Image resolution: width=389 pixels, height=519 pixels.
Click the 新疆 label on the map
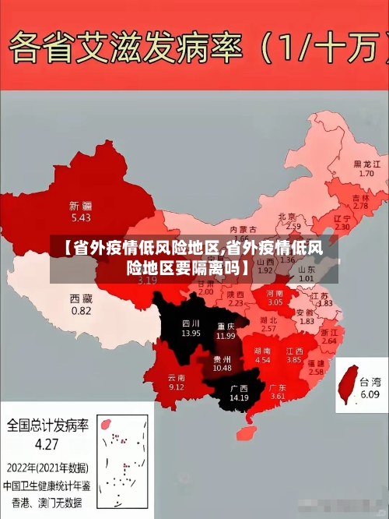[x=80, y=206]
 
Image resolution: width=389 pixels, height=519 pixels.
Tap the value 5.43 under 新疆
[x=80, y=217]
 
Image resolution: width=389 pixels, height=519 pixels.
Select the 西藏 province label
[x=81, y=298]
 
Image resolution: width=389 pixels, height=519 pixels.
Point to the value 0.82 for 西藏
[x=81, y=310]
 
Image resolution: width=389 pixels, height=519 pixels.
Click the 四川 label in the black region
[x=191, y=322]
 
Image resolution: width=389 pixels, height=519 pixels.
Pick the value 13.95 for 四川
[x=191, y=333]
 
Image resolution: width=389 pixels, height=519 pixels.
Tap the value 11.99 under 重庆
[x=226, y=336]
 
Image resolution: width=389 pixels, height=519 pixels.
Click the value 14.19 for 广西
[x=239, y=398]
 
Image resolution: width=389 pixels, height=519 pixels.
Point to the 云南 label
[x=177, y=377]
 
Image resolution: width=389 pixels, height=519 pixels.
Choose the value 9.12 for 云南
[x=177, y=387]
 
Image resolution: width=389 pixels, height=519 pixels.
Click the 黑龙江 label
[x=366, y=164]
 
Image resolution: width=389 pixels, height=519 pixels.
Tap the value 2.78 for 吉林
[x=360, y=207]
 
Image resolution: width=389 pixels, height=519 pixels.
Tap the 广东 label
[x=278, y=387]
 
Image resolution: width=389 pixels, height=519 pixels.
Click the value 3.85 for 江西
[x=293, y=360]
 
